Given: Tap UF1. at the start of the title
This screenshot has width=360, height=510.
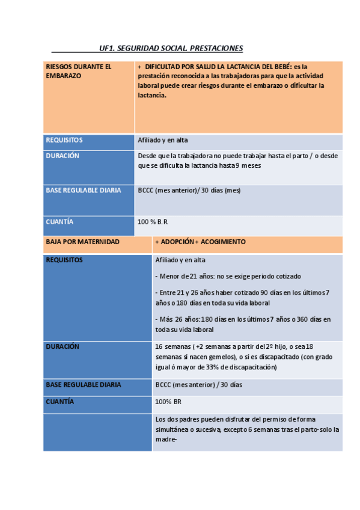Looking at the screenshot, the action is point(108,48).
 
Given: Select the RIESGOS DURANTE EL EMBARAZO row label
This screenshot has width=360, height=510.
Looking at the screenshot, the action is point(78,71).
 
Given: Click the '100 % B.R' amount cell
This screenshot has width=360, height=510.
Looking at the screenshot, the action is point(152,222).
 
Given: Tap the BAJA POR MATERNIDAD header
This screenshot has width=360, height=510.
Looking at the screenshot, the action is point(82,242).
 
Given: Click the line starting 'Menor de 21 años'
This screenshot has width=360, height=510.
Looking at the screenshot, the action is point(228,276).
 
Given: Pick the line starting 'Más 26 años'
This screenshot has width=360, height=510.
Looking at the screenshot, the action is point(243,319).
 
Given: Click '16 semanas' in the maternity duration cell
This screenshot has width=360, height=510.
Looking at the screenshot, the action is point(172,347).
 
